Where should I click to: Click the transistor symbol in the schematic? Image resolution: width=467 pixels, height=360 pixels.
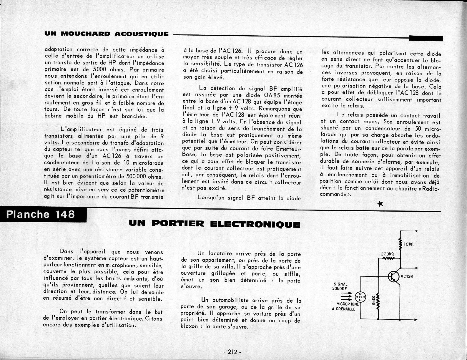coord(392,276)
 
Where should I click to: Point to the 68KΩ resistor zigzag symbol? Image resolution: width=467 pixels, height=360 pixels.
coord(378,301)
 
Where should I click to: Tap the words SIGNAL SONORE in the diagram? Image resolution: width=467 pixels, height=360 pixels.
coord(340,286)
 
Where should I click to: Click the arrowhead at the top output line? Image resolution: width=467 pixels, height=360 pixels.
coord(416,232)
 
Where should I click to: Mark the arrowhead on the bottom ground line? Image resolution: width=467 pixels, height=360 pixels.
coord(416,320)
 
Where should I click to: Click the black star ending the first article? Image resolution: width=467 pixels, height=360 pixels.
coord(380,204)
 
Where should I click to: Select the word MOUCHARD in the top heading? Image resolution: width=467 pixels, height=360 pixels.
coord(85,34)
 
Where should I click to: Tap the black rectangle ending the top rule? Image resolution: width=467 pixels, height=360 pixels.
coord(426,38)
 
